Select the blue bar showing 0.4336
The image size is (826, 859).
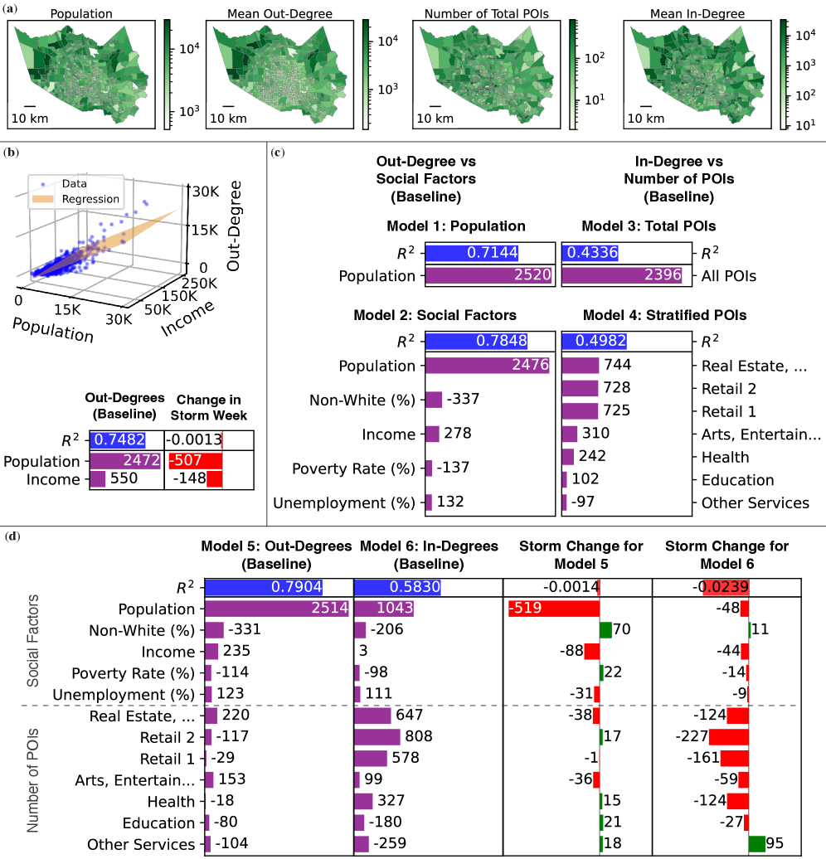point(590,253)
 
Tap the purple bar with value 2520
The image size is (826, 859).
point(488,275)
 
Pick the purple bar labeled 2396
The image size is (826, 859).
point(622,275)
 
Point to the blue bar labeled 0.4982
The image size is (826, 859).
point(594,341)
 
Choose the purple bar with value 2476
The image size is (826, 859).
point(488,366)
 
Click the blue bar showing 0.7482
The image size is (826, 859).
point(118,439)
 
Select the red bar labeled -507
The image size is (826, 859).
point(195,461)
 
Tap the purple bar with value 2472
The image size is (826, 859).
point(125,461)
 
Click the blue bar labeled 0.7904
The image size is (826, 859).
point(265,588)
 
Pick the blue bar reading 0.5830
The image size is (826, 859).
point(397,588)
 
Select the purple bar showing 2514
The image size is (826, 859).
point(277,609)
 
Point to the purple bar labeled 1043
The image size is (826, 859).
point(384,609)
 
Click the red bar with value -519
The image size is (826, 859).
point(553,609)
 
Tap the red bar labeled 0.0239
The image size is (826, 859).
point(726,588)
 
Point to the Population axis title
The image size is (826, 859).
point(52,330)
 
